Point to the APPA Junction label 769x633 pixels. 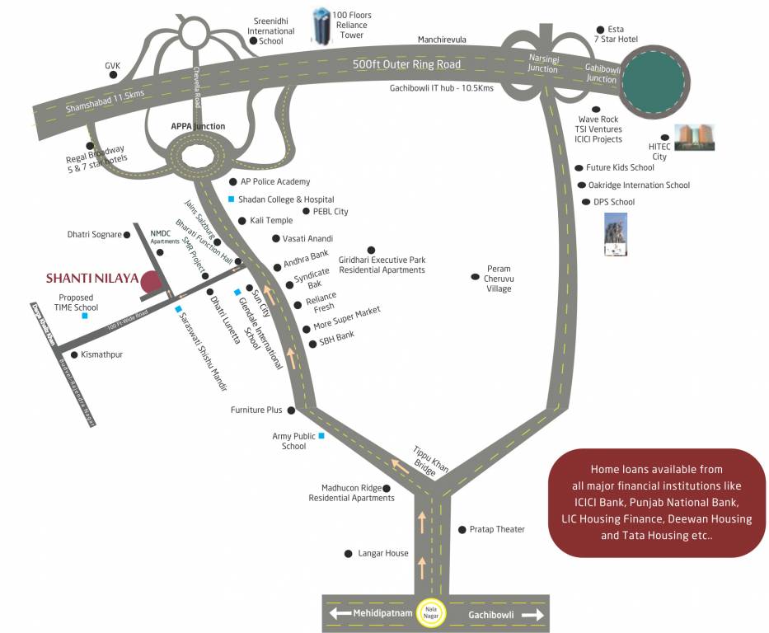click(x=198, y=126)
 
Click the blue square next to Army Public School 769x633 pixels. click(x=321, y=435)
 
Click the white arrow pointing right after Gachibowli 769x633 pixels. click(x=532, y=615)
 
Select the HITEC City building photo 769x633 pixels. click(x=695, y=138)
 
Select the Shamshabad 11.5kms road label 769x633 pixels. click(x=105, y=101)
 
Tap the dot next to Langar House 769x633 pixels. click(x=348, y=554)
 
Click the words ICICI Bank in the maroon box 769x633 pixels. click(x=603, y=502)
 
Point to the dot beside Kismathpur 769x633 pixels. click(x=73, y=354)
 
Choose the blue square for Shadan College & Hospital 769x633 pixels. click(x=232, y=199)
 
